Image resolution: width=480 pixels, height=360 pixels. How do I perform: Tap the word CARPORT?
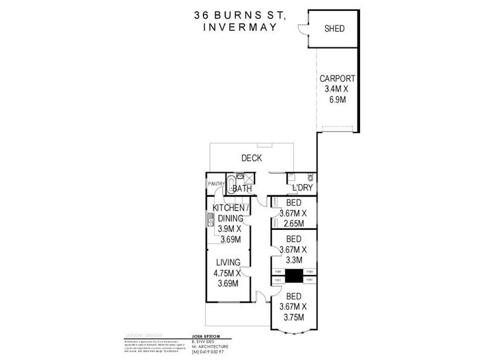337,79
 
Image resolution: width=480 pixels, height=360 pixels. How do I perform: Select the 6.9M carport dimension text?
338,100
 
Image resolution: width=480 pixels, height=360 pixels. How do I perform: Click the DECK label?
252,158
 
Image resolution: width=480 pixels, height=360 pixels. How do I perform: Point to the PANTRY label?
215,184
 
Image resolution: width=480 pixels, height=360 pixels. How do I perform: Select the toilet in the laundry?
310,178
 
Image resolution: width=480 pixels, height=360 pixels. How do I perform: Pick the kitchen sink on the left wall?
211,222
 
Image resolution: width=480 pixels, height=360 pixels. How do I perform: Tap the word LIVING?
228,262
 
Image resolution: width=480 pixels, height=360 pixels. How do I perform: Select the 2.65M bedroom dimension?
294,224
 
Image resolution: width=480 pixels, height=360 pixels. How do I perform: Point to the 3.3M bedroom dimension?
294,260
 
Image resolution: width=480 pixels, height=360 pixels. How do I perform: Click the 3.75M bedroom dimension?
294,317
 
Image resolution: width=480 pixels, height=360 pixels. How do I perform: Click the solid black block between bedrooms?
293,276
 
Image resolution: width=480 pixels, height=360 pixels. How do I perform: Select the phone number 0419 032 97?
209,352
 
